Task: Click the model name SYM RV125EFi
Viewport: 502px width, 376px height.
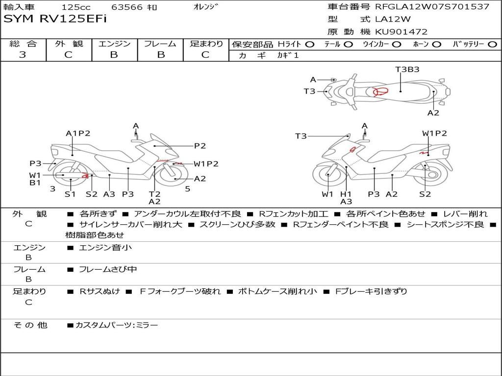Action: point(55,19)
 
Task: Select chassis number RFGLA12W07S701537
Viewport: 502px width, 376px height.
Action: point(432,6)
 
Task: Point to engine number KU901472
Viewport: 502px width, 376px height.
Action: point(401,32)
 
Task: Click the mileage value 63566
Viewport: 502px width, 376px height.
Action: point(127,7)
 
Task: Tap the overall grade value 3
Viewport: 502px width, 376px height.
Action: point(23,54)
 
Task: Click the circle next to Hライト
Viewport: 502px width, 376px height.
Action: point(310,45)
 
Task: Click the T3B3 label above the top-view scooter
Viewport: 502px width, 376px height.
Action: point(407,69)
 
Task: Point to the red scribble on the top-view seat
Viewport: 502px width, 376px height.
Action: point(380,92)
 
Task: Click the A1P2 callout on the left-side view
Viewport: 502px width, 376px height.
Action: point(78,133)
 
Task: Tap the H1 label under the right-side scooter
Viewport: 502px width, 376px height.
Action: point(346,194)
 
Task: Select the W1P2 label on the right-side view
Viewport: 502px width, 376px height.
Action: point(434,133)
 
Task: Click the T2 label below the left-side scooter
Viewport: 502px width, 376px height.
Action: point(154,194)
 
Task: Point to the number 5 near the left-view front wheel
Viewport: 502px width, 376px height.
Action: point(188,189)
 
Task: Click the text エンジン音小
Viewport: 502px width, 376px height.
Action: point(105,247)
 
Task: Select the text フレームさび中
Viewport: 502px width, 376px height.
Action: point(108,269)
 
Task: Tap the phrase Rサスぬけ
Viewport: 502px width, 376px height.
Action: point(100,291)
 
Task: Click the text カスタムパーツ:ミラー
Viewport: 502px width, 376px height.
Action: point(117,325)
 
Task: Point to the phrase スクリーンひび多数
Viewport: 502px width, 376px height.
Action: point(237,224)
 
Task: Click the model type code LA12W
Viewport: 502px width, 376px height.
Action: point(393,19)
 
